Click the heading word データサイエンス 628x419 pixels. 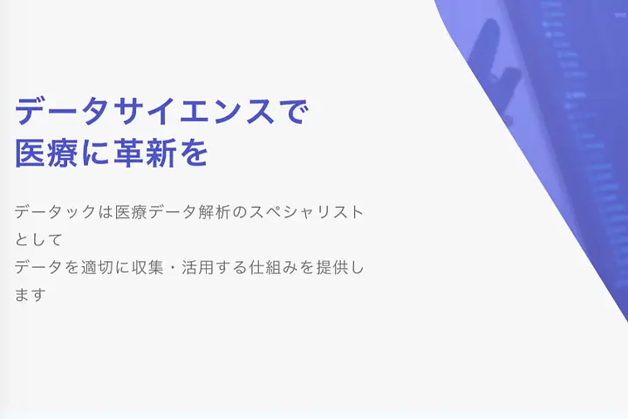[x=145, y=112]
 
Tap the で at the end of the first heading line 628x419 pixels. [x=294, y=112]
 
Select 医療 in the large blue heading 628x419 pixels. [x=46, y=153]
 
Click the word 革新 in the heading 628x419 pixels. [x=145, y=153]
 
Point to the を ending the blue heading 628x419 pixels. [x=195, y=153]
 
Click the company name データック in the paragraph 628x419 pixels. [x=55, y=212]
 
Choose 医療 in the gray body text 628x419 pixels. [x=131, y=212]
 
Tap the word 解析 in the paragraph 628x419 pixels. [x=215, y=212]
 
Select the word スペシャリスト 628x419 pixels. [x=306, y=212]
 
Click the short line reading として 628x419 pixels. [x=38, y=239]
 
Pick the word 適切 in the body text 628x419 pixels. [x=97, y=267]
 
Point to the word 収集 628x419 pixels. [x=147, y=267]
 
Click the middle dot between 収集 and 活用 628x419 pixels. [x=173, y=267]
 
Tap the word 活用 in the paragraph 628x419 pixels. [x=198, y=267]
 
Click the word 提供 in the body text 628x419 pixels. [x=332, y=267]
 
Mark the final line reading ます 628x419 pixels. [x=29, y=295]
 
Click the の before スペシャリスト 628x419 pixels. [x=240, y=212]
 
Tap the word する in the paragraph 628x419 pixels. [x=231, y=267]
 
